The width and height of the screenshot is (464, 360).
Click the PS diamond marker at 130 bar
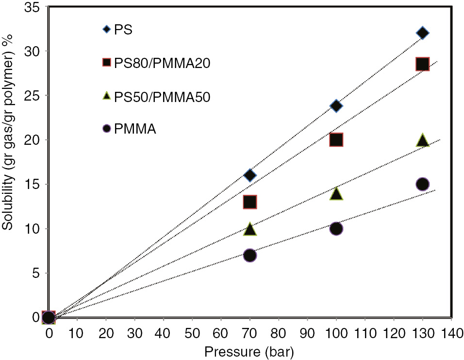point(422,33)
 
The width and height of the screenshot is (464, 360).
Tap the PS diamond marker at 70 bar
point(250,175)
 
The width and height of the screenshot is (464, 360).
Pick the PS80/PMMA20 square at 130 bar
point(422,64)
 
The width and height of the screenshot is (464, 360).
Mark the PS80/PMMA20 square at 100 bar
point(336,140)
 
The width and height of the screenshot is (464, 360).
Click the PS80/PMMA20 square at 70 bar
point(250,202)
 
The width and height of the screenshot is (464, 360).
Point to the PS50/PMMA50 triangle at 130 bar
point(422,141)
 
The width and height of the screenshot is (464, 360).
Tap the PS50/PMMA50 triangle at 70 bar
point(250,229)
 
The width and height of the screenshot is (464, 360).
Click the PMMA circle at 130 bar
point(422,184)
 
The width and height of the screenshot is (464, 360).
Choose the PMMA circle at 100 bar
point(336,228)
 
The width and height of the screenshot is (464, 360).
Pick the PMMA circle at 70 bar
point(250,255)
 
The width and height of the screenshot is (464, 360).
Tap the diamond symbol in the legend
point(105,31)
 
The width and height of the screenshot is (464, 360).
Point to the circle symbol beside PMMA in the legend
point(105,130)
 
